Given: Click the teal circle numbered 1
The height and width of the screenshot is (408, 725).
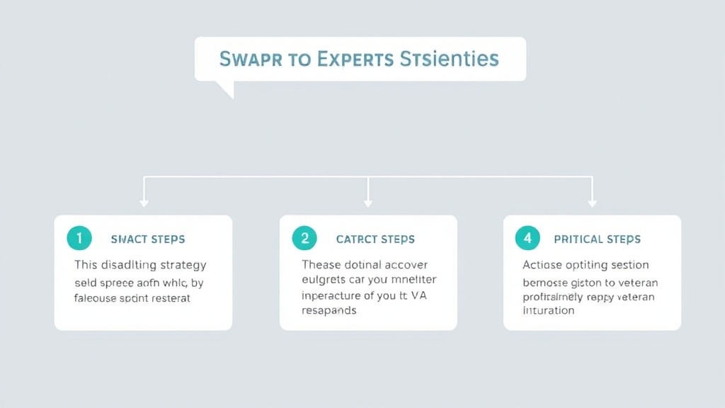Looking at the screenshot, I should pyautogui.click(x=79, y=239).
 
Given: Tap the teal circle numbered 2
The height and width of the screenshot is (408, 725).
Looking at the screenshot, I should pyautogui.click(x=304, y=239).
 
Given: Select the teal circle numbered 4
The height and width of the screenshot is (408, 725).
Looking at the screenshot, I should pyautogui.click(x=527, y=239).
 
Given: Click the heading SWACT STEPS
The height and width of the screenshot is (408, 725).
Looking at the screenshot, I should pyautogui.click(x=148, y=239).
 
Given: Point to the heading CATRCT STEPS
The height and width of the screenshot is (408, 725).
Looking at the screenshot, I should pyautogui.click(x=375, y=239).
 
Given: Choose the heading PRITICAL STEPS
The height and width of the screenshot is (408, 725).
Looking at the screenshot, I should pyautogui.click(x=597, y=239).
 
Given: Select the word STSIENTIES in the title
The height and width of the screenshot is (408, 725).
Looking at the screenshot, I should pyautogui.click(x=450, y=59).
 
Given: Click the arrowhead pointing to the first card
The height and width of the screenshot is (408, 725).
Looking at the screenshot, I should pyautogui.click(x=144, y=203).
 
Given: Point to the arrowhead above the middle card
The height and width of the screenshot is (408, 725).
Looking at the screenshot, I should pyautogui.click(x=368, y=203).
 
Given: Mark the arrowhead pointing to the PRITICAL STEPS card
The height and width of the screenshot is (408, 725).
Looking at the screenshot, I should pyautogui.click(x=592, y=203).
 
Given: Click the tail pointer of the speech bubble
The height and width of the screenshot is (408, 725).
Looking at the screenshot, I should pyautogui.click(x=225, y=90).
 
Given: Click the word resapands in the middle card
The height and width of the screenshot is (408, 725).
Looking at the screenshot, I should pyautogui.click(x=329, y=311).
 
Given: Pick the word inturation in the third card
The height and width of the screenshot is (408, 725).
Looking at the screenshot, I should pyautogui.click(x=549, y=310).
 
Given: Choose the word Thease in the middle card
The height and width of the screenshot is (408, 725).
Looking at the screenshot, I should pyautogui.click(x=321, y=265).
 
